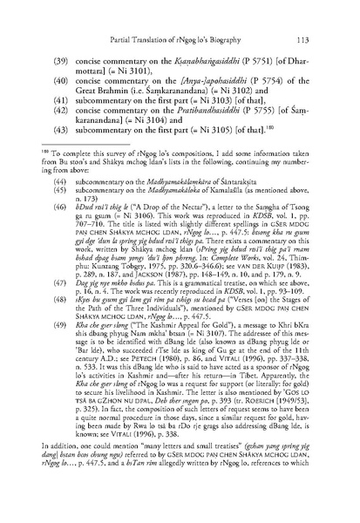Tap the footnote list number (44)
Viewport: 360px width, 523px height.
click(63, 216)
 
